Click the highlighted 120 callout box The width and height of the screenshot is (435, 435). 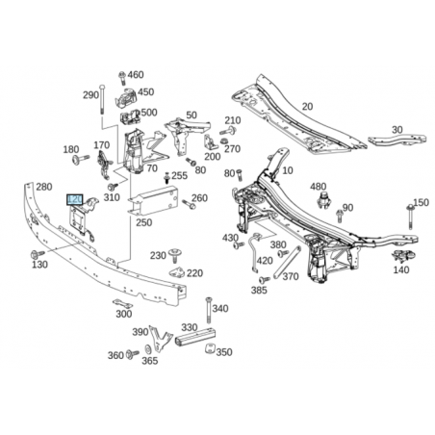[x=75, y=199]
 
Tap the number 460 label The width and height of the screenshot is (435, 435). [x=136, y=75]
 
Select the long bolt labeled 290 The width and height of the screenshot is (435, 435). [x=102, y=99]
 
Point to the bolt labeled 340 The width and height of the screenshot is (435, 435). [x=209, y=310]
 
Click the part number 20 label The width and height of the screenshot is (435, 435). [x=307, y=106]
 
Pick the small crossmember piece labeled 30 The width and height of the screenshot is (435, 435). [x=397, y=140]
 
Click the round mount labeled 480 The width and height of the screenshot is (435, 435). [x=324, y=200]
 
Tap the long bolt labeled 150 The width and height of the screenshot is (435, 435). [x=411, y=217]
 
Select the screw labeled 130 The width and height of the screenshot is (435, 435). [x=38, y=254]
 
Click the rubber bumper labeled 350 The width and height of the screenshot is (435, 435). [x=210, y=348]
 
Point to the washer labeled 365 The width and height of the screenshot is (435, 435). [x=148, y=349]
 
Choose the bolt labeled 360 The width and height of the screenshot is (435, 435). [x=133, y=354]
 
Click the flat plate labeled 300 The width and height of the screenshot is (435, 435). [x=122, y=303]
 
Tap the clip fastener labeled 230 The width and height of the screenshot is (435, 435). [x=175, y=255]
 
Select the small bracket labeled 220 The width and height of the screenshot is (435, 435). [x=177, y=272]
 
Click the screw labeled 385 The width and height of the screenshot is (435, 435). [x=265, y=280]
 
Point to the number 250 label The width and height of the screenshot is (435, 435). [x=143, y=222]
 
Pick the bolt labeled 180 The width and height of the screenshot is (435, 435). [x=80, y=159]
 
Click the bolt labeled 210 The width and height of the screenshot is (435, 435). [x=228, y=131]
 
